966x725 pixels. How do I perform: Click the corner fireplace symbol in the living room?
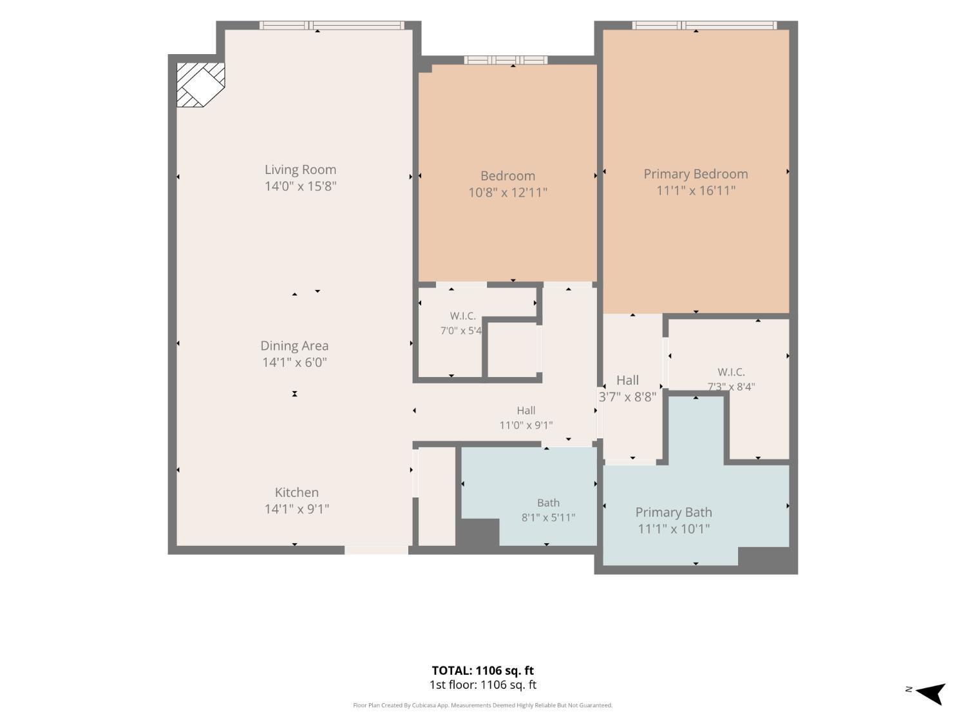coord(200,84)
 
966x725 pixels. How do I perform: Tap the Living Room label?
coord(300,169)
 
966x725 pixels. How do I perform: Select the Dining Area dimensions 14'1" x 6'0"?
coord(294,362)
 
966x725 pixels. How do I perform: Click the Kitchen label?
coord(297,492)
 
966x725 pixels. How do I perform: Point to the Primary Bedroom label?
coord(696,174)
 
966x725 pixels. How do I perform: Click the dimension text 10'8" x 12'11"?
coord(507,192)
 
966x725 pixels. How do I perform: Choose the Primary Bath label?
coord(674,512)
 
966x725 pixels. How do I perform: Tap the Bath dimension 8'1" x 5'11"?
coord(548,517)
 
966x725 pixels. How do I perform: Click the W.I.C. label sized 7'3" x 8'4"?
coord(731,372)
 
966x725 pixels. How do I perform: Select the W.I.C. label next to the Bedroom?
coord(462,316)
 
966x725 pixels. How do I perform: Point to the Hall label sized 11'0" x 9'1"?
coord(526,411)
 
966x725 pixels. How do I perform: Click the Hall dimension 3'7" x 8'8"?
coord(627,397)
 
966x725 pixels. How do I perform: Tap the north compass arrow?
coord(932,694)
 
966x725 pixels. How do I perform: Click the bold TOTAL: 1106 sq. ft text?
coord(482,670)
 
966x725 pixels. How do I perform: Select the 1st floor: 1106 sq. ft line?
coord(483,685)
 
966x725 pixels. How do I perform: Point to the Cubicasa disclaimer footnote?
coord(482,705)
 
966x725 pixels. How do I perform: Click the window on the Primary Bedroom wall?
coord(704,26)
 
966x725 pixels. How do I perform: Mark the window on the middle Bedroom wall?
coord(506,61)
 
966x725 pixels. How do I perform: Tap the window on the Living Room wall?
coord(332,26)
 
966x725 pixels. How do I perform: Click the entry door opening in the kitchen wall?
coord(376,550)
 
